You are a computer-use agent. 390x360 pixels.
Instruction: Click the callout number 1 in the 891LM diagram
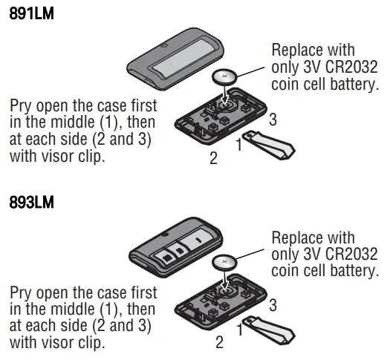[238, 145]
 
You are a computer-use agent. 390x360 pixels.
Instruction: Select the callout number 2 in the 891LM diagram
[213, 157]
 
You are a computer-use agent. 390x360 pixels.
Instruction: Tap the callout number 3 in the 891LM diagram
[273, 119]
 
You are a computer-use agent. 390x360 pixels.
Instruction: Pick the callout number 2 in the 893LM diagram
[219, 342]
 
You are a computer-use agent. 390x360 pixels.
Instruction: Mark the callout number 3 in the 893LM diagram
[273, 304]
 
